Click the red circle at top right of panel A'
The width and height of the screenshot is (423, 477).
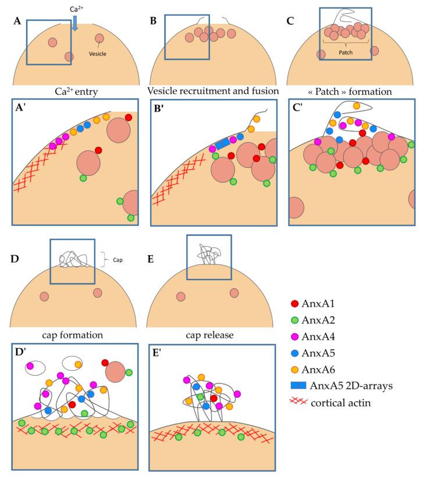[128, 118]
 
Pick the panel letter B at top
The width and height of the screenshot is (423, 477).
[153, 22]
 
